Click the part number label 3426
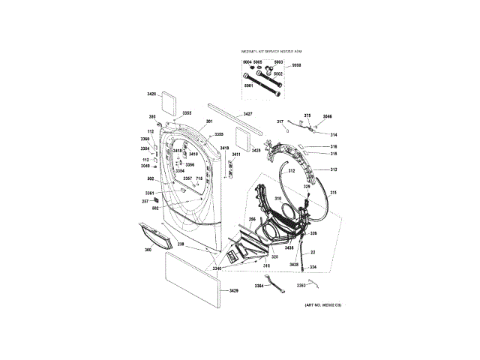click(151, 94)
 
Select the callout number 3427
click(247, 113)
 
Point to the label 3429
click(233, 290)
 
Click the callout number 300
click(148, 249)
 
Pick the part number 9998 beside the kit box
click(297, 65)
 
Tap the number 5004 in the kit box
click(247, 61)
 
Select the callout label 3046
click(327, 116)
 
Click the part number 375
click(307, 115)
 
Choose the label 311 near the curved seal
click(334, 193)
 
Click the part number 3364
click(259, 285)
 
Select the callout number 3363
click(301, 285)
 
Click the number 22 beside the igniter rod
click(312, 253)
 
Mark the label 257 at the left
click(145, 201)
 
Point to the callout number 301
click(209, 121)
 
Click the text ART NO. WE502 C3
click(323, 305)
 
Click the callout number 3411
click(235, 154)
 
